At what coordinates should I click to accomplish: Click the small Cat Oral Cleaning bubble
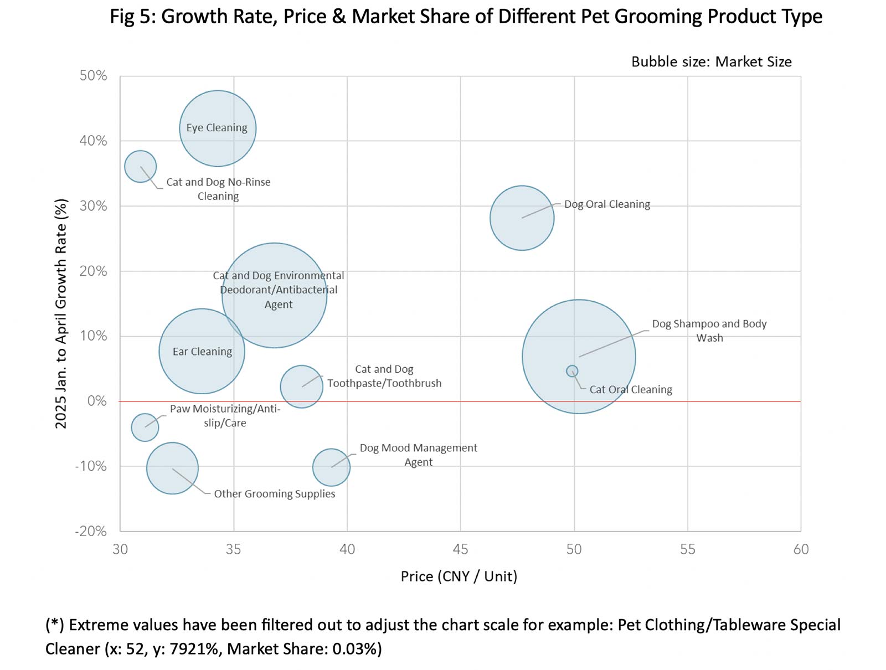point(572,371)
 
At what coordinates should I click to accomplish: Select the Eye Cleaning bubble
point(218,144)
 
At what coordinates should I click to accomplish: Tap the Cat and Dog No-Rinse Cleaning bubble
point(140,166)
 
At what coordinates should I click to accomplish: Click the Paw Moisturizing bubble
point(145,427)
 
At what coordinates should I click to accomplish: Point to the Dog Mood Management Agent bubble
point(331,467)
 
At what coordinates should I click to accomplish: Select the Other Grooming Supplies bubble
point(172,468)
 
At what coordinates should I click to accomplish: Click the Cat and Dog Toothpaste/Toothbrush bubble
point(301,386)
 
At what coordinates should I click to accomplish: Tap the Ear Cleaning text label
point(202,352)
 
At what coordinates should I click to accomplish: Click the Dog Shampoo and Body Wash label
point(709,331)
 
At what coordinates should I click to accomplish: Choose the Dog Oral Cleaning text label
point(607,204)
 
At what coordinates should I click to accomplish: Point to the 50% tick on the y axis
point(93,76)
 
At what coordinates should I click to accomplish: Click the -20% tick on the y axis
point(91,531)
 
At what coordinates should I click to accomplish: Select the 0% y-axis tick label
point(97,401)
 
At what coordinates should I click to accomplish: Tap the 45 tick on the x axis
point(460,549)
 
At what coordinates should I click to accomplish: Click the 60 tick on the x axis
point(801,549)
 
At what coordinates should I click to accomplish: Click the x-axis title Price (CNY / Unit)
point(459,576)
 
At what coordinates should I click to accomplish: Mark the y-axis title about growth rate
point(61,313)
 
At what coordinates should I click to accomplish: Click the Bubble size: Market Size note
point(711,61)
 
